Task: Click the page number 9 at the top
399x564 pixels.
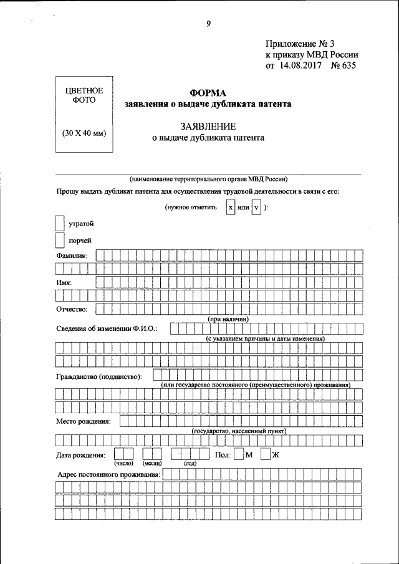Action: (x=208, y=24)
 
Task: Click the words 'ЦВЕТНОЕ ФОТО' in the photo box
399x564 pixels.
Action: (x=84, y=96)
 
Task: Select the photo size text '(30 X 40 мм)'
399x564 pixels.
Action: (x=84, y=133)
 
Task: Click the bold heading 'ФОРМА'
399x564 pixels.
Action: (x=208, y=92)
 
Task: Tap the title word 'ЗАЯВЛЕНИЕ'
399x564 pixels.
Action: (x=208, y=127)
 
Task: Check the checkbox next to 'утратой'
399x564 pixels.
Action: (x=60, y=222)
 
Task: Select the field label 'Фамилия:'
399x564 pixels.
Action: (x=72, y=256)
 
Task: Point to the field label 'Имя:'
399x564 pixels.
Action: (x=64, y=282)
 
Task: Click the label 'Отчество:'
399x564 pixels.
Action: (x=72, y=308)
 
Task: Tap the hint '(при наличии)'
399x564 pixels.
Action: (x=228, y=318)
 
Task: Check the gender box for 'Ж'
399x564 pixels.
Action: (x=266, y=454)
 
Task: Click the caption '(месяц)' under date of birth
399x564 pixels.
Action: (x=152, y=464)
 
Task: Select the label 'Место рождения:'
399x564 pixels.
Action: (x=84, y=421)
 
